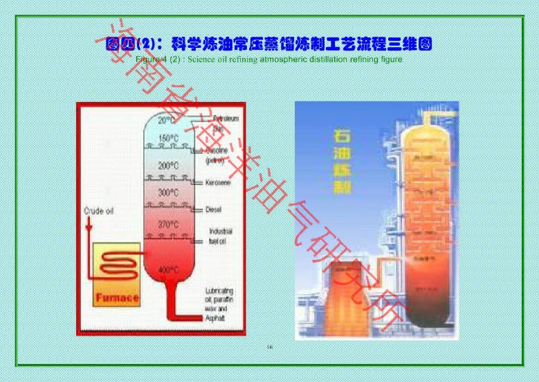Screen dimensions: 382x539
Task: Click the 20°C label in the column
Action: tap(167, 121)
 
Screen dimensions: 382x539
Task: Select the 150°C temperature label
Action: tap(168, 138)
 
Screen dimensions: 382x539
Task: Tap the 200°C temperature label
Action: tap(168, 166)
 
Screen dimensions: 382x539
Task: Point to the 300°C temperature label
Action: tap(168, 192)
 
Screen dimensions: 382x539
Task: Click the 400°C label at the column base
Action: tap(168, 269)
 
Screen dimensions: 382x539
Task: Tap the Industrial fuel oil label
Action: tap(221, 236)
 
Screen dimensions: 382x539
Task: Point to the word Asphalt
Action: tap(215, 317)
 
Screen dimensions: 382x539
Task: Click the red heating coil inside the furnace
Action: tap(116, 265)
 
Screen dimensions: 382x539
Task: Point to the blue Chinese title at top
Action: tap(268, 44)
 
